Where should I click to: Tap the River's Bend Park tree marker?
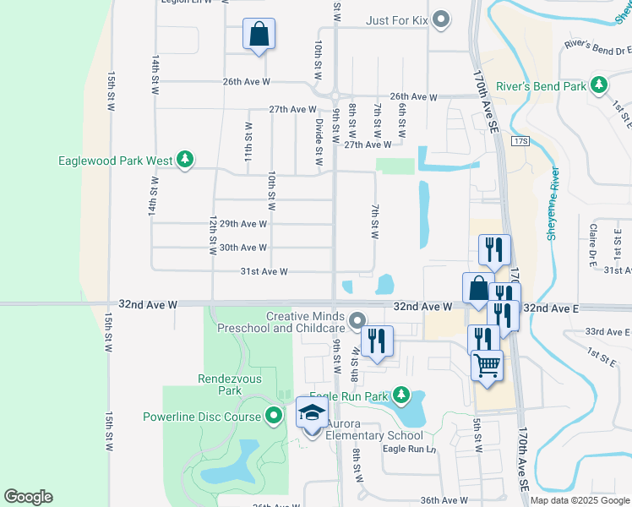pyautogui.click(x=598, y=85)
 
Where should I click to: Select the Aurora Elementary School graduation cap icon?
pyautogui.click(x=312, y=414)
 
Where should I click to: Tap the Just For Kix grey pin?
pyautogui.click(x=440, y=19)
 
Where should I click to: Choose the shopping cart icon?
pyautogui.click(x=487, y=365)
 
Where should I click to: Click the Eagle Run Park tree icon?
pyautogui.click(x=401, y=395)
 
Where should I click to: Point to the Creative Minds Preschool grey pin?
pyautogui.click(x=357, y=320)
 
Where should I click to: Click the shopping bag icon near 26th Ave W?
pyautogui.click(x=259, y=35)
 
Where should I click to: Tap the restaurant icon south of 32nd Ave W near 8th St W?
pyautogui.click(x=377, y=341)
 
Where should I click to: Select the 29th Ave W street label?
pyautogui.click(x=243, y=224)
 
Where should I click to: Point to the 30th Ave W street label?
pyautogui.click(x=243, y=248)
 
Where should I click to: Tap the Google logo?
pyautogui.click(x=28, y=497)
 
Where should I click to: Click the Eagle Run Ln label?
pyautogui.click(x=409, y=449)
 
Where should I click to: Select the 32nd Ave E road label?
pyautogui.click(x=550, y=308)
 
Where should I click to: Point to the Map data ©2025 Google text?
pyautogui.click(x=579, y=500)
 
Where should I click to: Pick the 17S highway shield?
pyautogui.click(x=520, y=141)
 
